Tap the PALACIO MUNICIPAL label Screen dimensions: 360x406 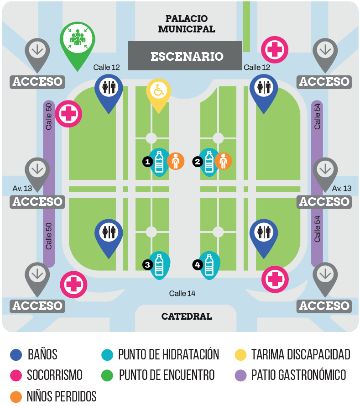(187, 24)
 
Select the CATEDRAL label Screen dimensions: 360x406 (187, 316)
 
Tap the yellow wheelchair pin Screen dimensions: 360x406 (158, 91)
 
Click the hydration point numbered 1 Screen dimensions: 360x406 (159, 161)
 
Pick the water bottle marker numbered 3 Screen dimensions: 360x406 (159, 264)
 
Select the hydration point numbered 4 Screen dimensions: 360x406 (209, 264)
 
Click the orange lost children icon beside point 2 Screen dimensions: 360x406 (223, 161)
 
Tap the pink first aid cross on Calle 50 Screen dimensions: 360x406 (68, 114)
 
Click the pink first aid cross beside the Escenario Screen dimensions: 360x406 (275, 50)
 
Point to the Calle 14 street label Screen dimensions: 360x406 (182, 293)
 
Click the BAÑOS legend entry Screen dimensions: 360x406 (42, 354)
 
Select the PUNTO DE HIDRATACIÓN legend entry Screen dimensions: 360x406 (168, 354)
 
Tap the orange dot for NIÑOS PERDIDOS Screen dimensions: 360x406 (16, 396)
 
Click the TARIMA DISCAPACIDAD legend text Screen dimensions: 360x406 (301, 354)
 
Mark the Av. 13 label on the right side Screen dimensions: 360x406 (342, 188)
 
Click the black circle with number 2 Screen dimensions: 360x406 (198, 161)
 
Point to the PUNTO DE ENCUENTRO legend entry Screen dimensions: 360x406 (167, 375)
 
